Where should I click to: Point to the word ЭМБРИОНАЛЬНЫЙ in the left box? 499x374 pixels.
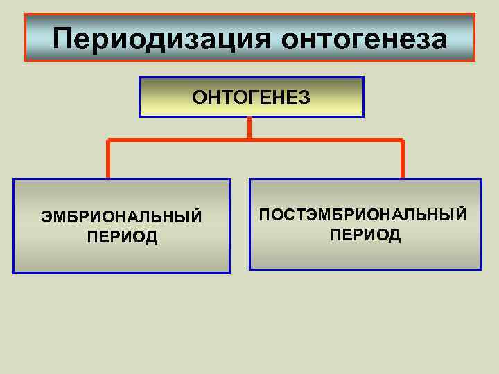122,217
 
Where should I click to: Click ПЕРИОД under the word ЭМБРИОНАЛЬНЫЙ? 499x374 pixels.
122,238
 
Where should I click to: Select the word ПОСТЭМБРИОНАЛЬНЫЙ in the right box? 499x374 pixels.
363,215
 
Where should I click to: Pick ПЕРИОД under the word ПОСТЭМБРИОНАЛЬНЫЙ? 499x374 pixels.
365,235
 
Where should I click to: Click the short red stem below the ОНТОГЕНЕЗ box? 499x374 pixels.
249,128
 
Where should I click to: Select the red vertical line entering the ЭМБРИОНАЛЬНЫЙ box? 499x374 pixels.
108,160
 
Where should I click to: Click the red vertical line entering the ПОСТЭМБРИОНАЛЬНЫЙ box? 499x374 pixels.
402,160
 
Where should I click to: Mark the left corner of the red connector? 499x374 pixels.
108,141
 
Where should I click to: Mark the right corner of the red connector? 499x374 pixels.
402,141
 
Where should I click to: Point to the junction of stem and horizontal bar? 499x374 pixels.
249,141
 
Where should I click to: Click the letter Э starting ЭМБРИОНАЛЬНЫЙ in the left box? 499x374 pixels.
46,217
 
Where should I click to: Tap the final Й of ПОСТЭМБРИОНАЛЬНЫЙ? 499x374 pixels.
461,215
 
